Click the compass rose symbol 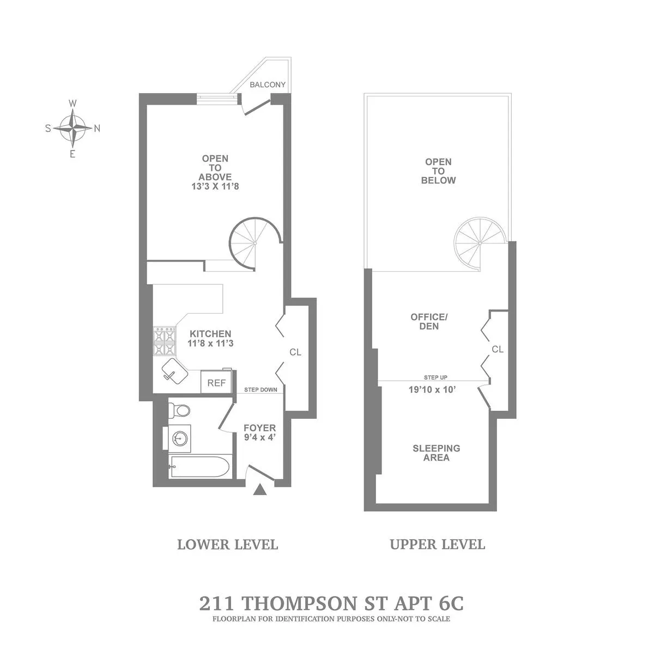[x=72, y=129]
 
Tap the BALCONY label [x=267, y=84]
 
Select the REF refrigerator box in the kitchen [x=216, y=383]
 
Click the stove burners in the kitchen [x=164, y=341]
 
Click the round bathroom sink [x=179, y=437]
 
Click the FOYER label [x=259, y=428]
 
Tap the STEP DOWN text [x=260, y=389]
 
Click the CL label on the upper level [x=498, y=350]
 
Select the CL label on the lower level [x=295, y=352]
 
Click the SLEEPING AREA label [x=436, y=453]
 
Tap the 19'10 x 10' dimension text [x=432, y=389]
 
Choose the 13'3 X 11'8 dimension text [x=215, y=186]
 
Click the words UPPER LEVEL [x=437, y=544]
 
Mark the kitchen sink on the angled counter [x=174, y=371]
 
